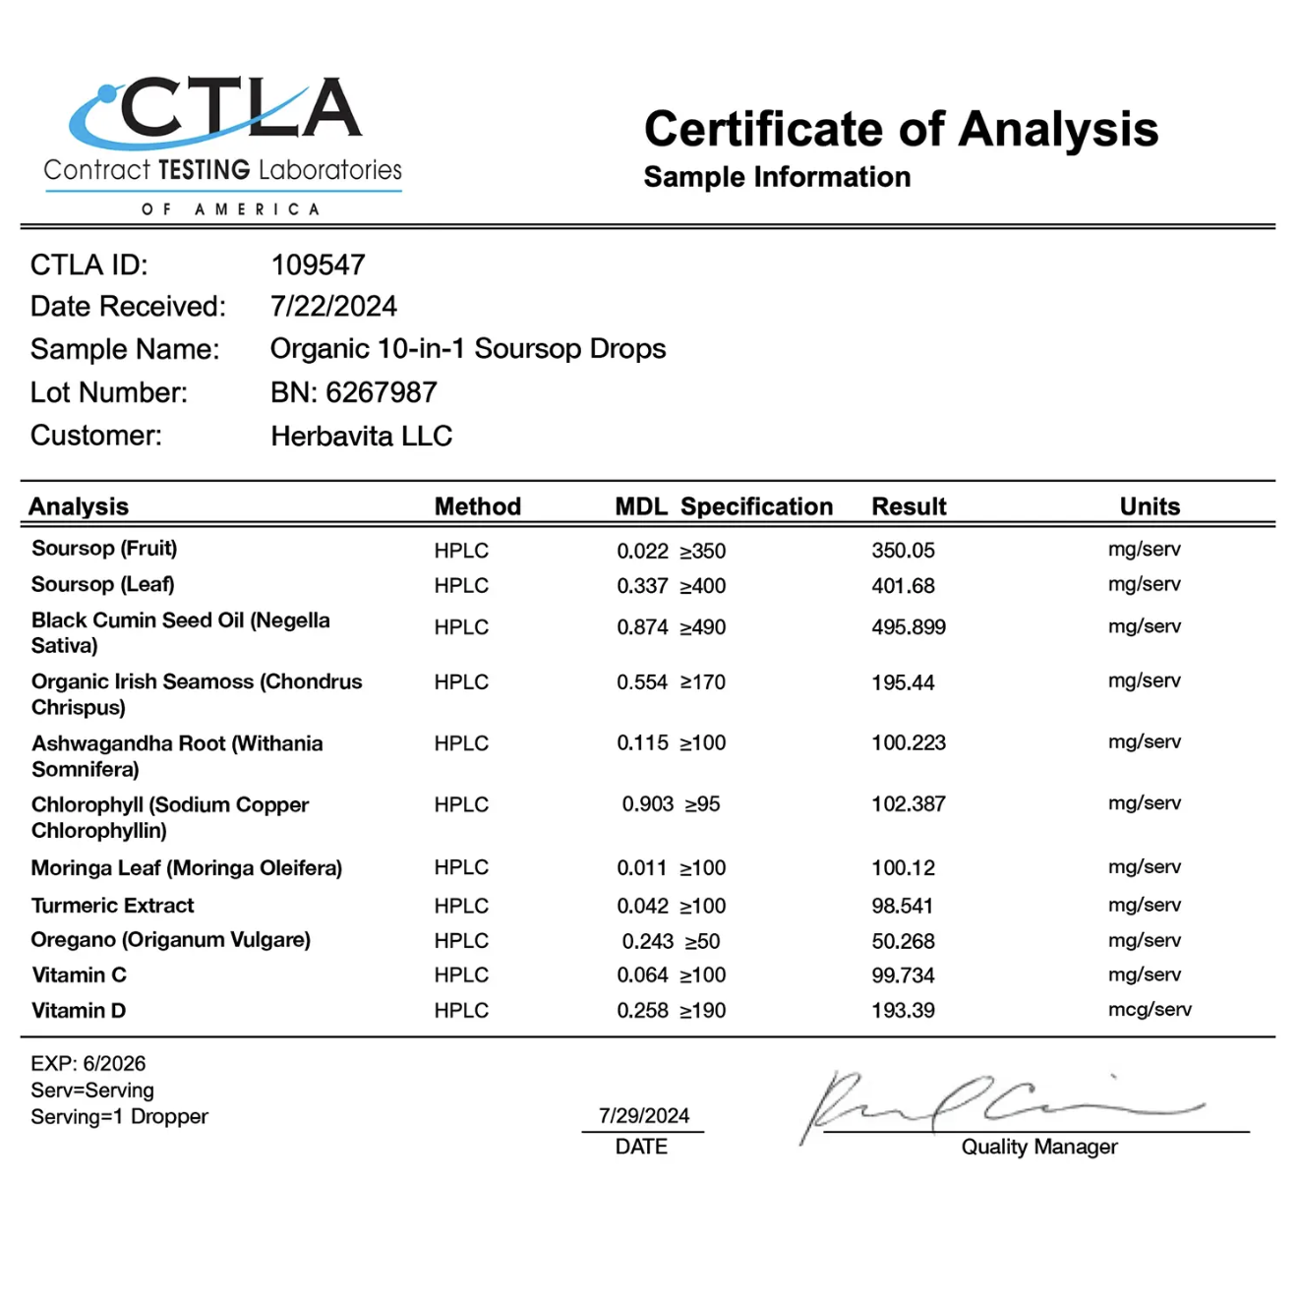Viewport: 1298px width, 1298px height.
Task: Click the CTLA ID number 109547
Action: (x=318, y=265)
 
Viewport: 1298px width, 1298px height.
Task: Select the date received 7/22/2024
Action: (x=333, y=307)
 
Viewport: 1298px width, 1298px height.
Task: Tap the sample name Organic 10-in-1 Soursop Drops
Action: (x=468, y=349)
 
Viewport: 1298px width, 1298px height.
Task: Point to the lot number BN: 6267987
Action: (x=353, y=392)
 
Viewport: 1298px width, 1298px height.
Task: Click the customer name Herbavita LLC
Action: (x=361, y=436)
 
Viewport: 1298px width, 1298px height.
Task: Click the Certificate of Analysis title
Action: (x=901, y=129)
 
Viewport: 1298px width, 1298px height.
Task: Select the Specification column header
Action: (x=756, y=506)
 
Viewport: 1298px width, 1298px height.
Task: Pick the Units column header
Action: (x=1149, y=506)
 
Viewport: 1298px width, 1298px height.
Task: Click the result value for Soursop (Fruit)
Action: (x=903, y=551)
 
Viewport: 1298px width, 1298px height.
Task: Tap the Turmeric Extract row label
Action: (x=112, y=906)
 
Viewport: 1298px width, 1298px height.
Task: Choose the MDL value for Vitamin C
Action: (x=642, y=975)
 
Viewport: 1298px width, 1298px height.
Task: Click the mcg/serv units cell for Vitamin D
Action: (x=1149, y=1010)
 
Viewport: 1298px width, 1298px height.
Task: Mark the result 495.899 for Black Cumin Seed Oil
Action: (x=908, y=627)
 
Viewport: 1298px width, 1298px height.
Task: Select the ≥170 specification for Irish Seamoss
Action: (x=703, y=682)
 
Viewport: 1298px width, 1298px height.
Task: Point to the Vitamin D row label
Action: (x=79, y=1011)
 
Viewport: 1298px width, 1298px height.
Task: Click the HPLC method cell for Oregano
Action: (x=461, y=941)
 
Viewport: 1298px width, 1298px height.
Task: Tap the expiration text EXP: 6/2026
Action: (x=88, y=1064)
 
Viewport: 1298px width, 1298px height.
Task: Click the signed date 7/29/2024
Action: (x=644, y=1116)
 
